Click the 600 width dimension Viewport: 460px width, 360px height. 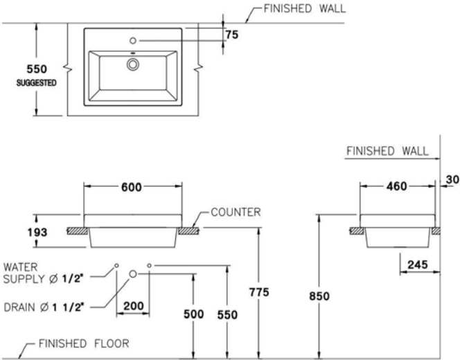point(132,187)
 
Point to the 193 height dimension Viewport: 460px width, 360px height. point(39,232)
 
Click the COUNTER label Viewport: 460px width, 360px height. point(236,213)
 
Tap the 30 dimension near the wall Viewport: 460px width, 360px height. point(452,179)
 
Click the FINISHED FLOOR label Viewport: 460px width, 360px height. point(82,343)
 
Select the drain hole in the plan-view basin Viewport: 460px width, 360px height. point(132,64)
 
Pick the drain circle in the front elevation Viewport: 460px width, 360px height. point(133,273)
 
